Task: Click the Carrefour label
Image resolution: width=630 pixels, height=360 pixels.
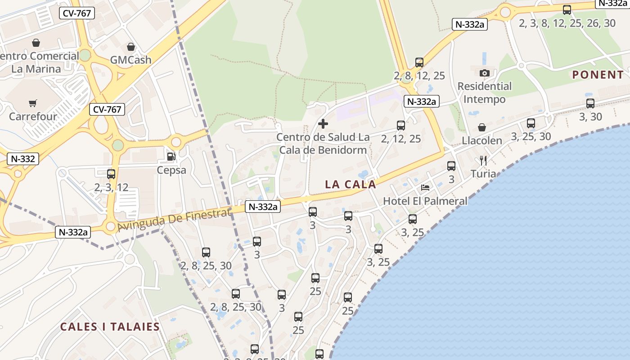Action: point(33,116)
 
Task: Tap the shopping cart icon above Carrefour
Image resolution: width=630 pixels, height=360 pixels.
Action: point(32,103)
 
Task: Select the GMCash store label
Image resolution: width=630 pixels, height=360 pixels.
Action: point(130,60)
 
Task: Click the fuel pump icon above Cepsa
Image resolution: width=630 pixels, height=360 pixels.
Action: point(171,157)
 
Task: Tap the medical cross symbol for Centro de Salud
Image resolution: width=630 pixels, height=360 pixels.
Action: point(323,123)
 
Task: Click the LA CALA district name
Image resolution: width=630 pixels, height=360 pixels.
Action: point(350,184)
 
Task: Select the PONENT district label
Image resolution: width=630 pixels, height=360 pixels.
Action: point(598,75)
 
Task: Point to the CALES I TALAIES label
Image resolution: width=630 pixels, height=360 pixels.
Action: point(110,327)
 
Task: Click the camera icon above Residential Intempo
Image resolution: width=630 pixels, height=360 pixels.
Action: point(485,73)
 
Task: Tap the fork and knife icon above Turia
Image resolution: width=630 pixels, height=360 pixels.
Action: point(483,161)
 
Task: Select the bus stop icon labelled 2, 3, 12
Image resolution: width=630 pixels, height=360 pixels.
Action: point(111,174)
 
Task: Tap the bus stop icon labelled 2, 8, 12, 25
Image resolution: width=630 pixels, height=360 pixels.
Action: point(419,63)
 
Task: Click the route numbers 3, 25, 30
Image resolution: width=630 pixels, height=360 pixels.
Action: point(531,136)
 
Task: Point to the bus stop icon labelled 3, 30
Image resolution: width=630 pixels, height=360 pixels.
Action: point(590,103)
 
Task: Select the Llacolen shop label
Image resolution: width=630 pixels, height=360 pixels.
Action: point(482,140)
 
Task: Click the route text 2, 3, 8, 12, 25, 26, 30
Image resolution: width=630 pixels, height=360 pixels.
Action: point(567,23)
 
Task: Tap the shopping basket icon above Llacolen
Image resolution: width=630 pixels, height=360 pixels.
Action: point(482,127)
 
